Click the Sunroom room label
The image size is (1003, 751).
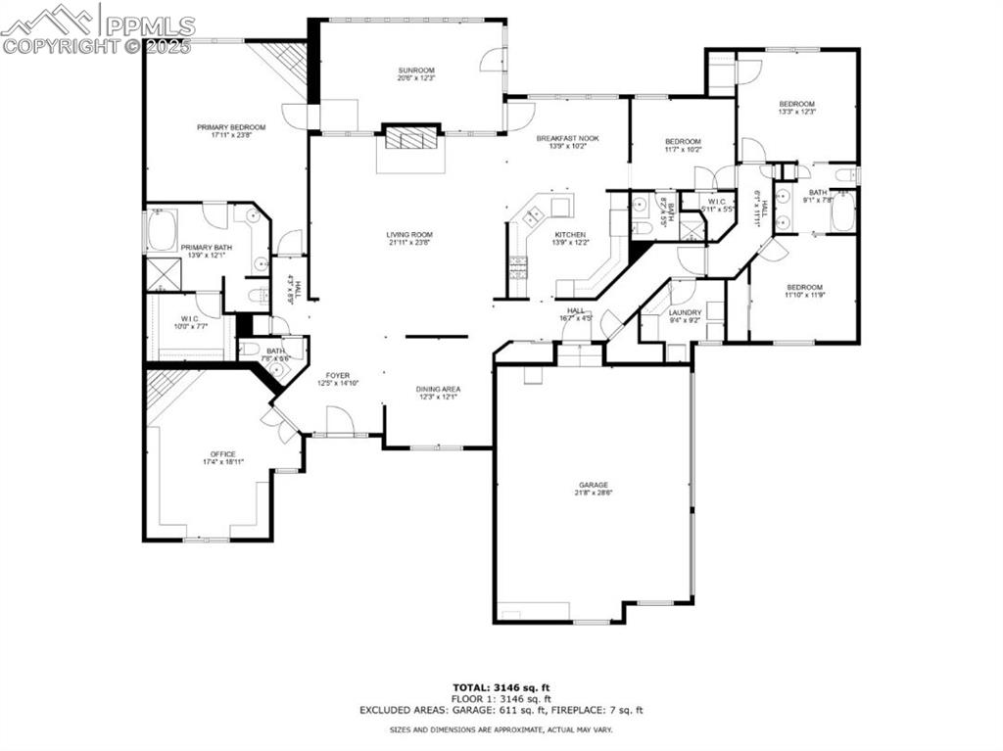click(x=415, y=70)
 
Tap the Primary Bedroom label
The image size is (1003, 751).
click(x=231, y=127)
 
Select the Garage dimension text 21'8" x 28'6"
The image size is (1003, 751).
click(x=593, y=493)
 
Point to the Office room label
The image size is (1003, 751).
click(x=222, y=453)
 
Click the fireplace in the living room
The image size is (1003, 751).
click(x=408, y=138)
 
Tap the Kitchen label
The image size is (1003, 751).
click(x=570, y=235)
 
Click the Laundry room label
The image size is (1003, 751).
click(x=685, y=312)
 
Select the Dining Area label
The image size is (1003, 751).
click(x=438, y=389)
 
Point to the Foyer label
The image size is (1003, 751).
click(x=338, y=375)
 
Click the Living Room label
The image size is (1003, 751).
click(x=408, y=235)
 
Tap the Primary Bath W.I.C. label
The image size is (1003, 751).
click(x=189, y=319)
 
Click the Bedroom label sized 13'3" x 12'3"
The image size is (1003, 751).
click(x=796, y=104)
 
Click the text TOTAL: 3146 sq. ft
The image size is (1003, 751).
click(x=501, y=686)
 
